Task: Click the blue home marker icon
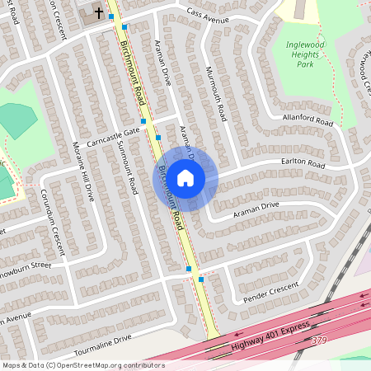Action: [185, 176]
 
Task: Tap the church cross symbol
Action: [99, 12]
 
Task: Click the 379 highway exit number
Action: [320, 340]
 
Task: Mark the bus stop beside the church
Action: [111, 16]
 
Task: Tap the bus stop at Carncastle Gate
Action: [143, 121]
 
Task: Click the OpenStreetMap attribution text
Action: [83, 364]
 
